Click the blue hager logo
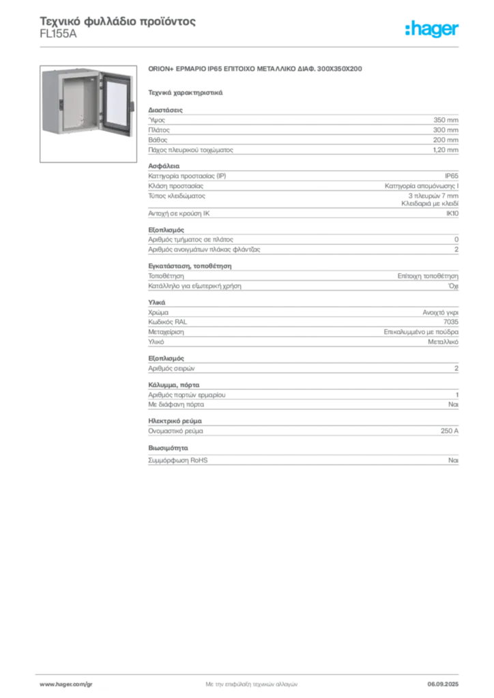[433, 29]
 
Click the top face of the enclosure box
[72, 70]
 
